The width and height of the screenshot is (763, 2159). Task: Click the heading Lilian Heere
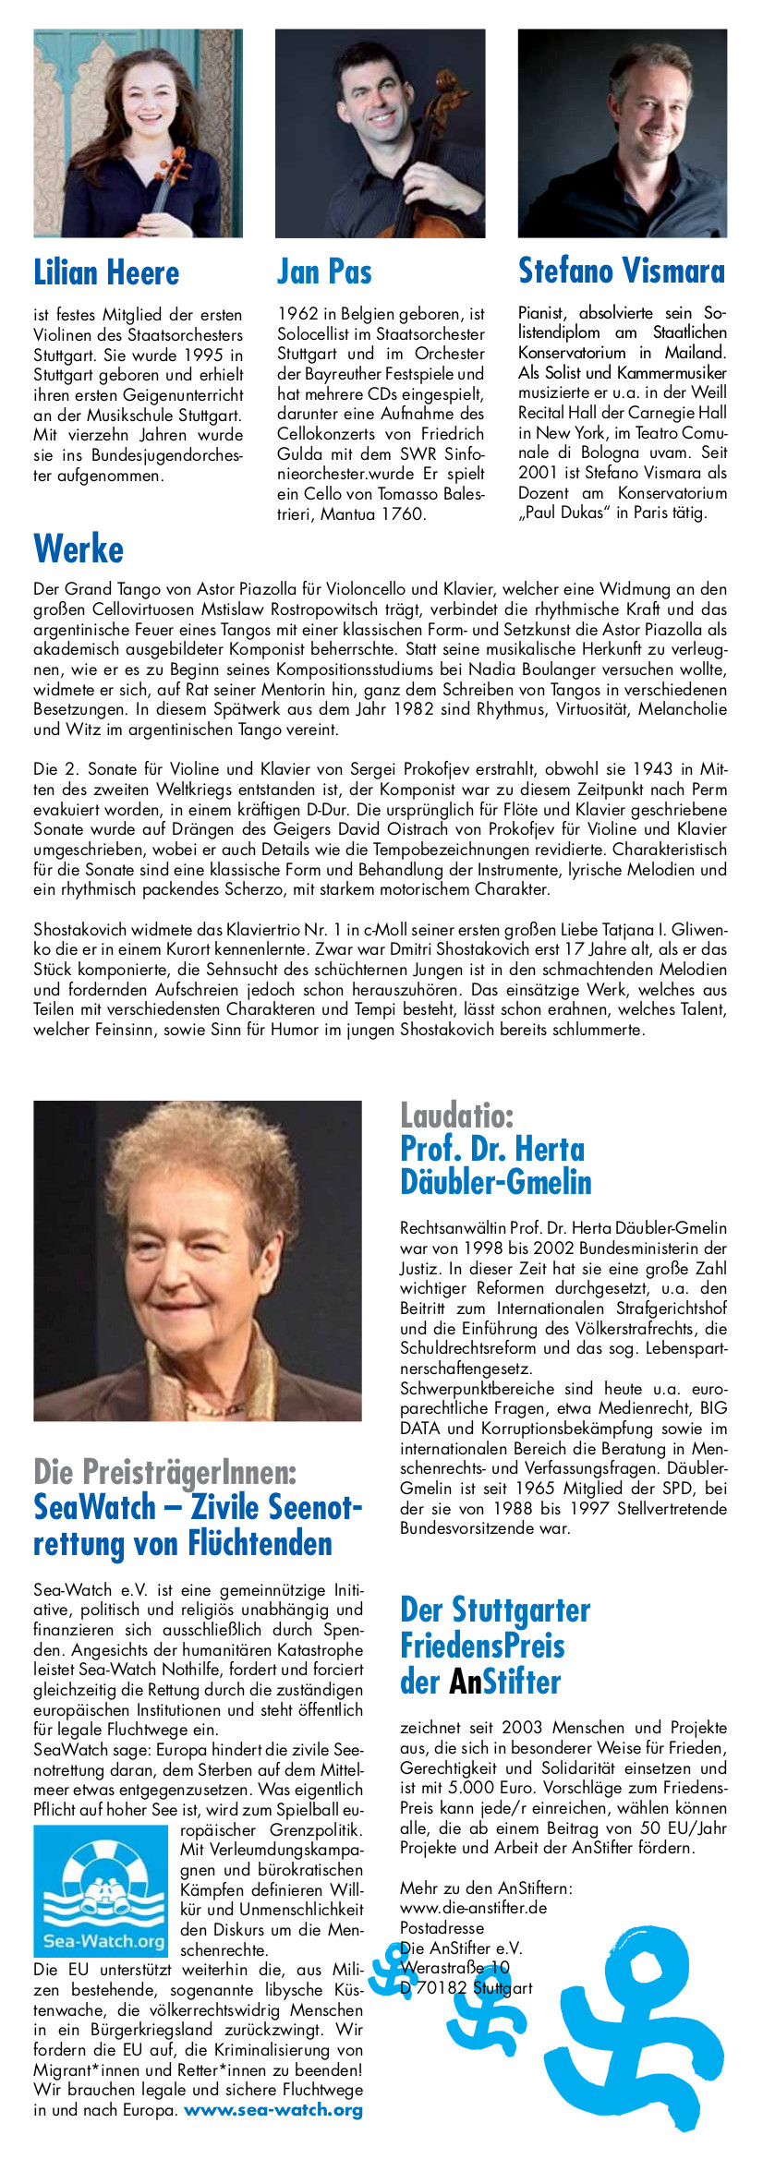(x=106, y=273)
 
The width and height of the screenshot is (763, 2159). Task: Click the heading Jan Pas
(x=324, y=271)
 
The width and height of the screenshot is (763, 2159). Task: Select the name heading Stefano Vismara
(x=621, y=271)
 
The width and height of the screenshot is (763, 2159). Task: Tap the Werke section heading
(x=79, y=549)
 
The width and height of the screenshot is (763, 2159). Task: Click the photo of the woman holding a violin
(x=139, y=133)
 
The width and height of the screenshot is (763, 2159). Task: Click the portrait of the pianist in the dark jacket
(x=622, y=133)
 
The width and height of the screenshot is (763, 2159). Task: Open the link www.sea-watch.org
(x=272, y=2109)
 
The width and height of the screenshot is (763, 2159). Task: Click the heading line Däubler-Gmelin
(x=495, y=1182)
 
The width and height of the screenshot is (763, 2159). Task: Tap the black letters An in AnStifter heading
(x=466, y=1681)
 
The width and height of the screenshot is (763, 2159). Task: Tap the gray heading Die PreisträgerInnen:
(x=165, y=1470)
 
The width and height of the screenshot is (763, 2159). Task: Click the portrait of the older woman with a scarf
(x=198, y=1260)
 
